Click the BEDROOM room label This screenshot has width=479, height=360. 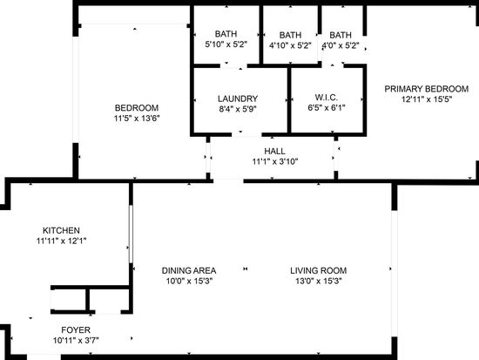135,107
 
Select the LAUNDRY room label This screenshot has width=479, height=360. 237,98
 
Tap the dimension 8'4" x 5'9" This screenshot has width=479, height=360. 237,109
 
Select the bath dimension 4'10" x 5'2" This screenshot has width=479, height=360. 290,45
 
